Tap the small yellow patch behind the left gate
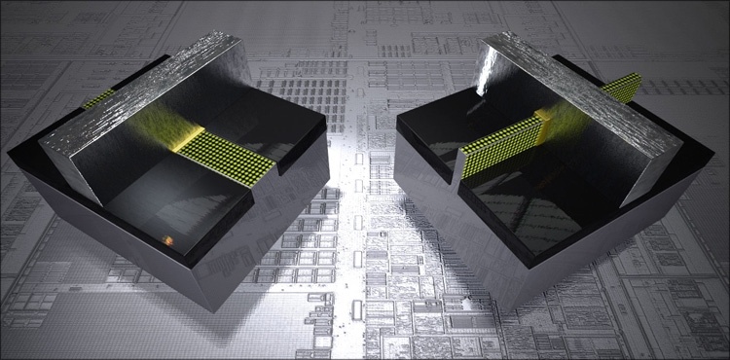point(97,98)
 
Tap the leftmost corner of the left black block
point(10,154)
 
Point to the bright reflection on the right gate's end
point(486,68)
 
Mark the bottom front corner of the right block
point(502,311)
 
